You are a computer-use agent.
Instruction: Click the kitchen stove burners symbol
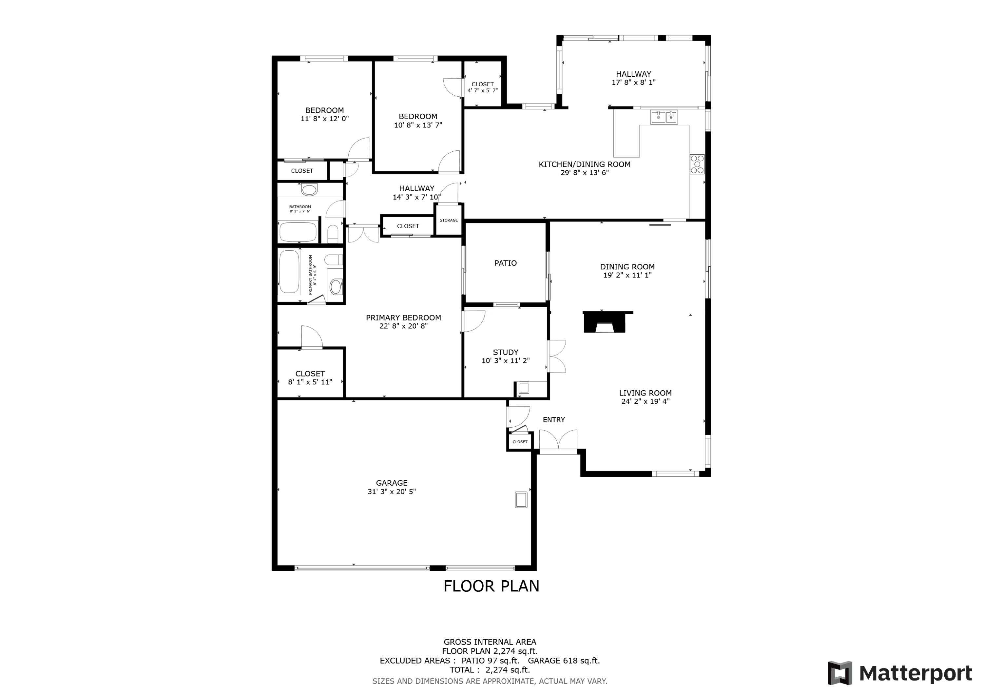(697, 164)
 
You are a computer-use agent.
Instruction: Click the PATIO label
(505, 263)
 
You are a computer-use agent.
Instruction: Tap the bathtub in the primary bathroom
(289, 272)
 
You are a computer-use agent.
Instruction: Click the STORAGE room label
(448, 220)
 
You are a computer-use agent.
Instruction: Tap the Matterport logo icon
(839, 673)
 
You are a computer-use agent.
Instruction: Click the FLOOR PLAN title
(491, 586)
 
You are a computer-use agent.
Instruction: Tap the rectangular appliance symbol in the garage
(521, 500)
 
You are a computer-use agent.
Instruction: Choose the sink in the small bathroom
(309, 189)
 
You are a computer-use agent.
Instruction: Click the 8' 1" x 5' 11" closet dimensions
(310, 382)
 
